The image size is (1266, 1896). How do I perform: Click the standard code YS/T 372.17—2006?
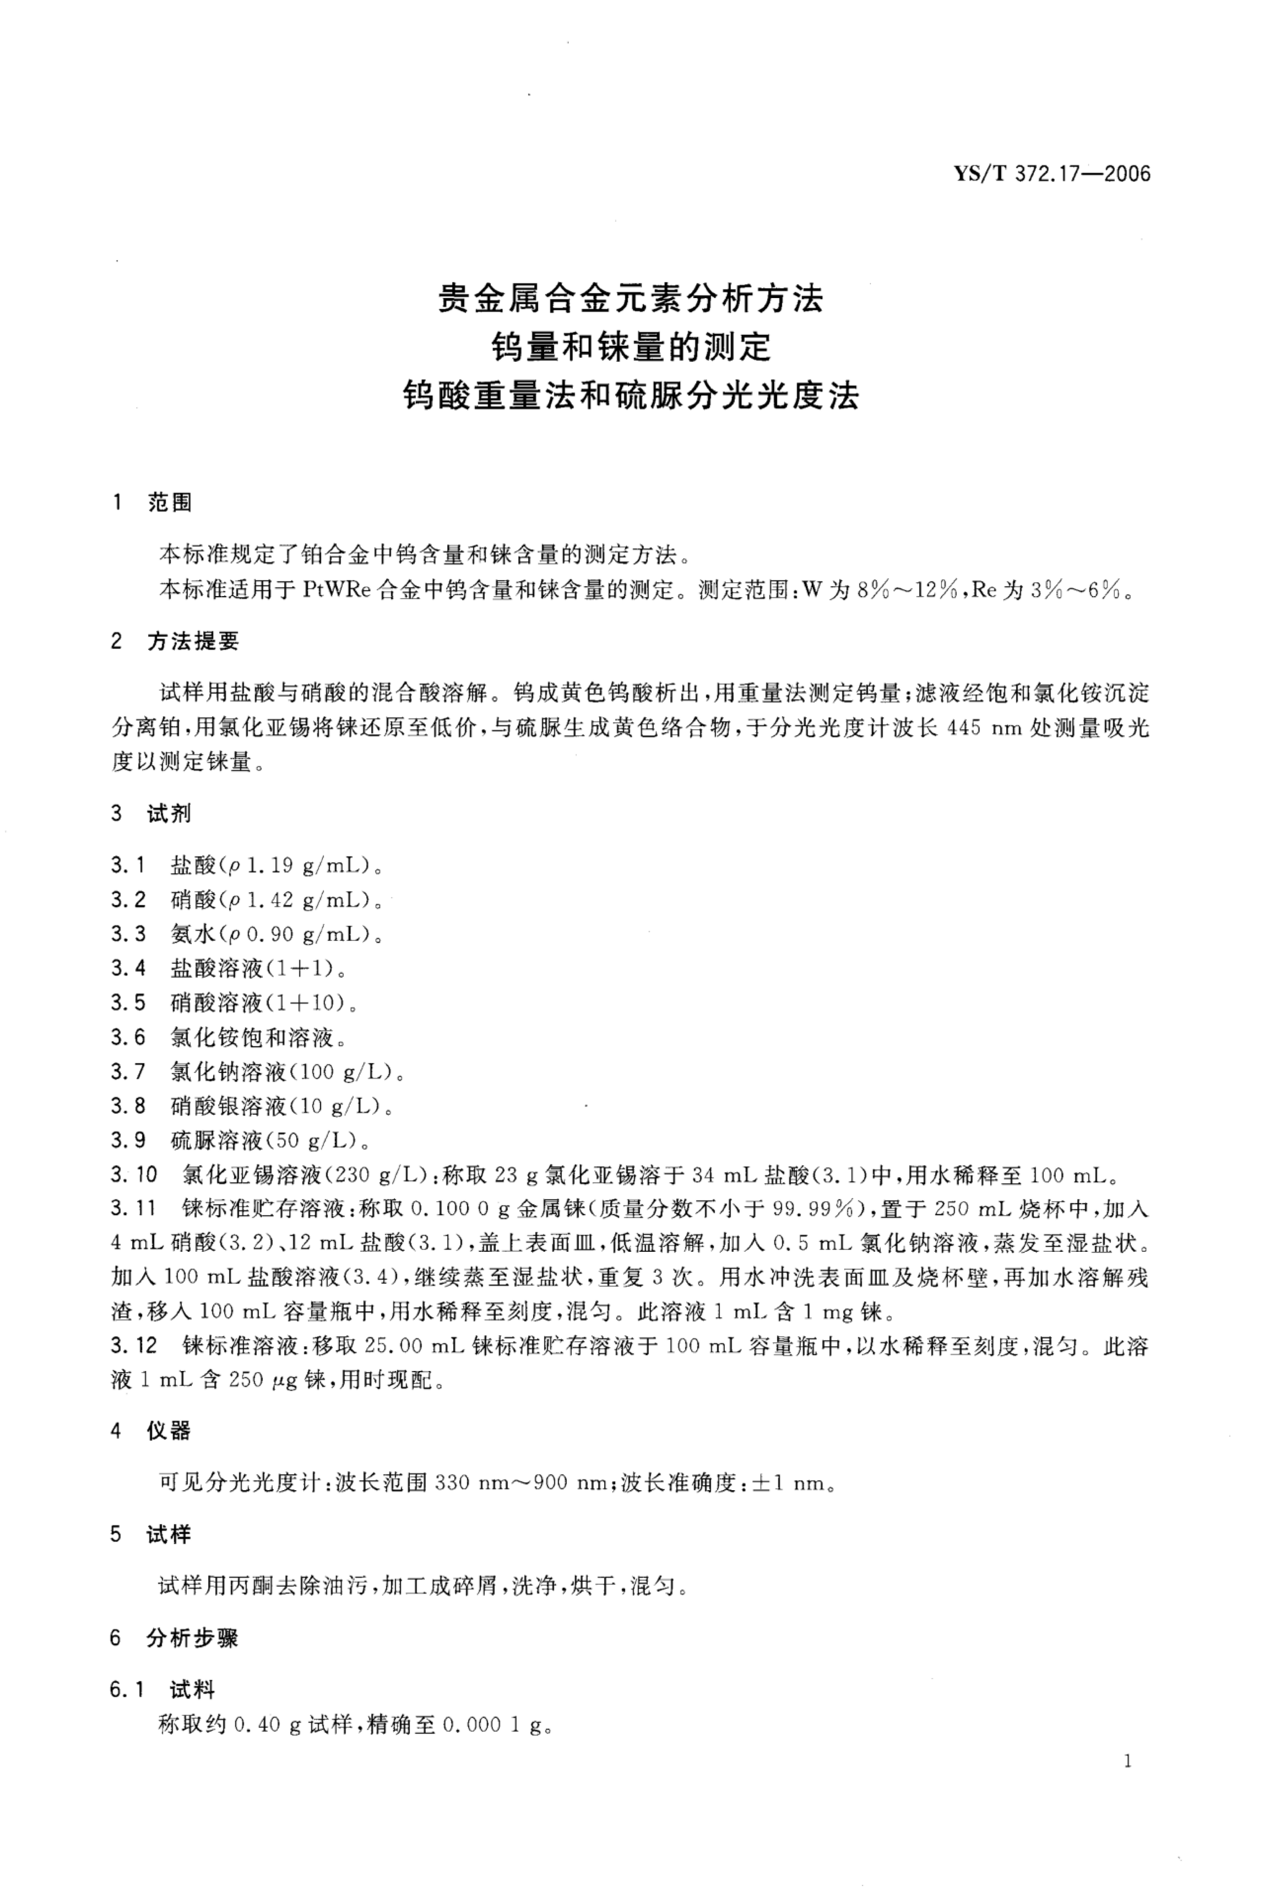pos(1053,174)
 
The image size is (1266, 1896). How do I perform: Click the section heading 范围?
pos(170,503)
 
